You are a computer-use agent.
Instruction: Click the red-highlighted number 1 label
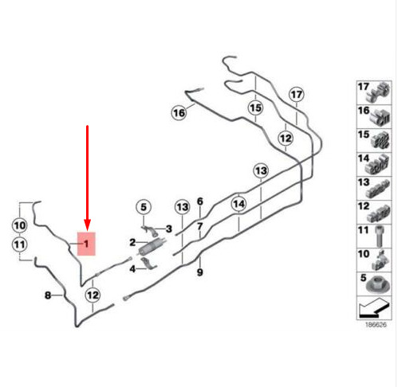coord(86,244)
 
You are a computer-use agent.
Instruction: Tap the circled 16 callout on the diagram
coord(179,113)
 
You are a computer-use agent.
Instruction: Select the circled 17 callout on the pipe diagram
coord(297,95)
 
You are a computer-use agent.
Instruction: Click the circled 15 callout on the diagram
coord(255,108)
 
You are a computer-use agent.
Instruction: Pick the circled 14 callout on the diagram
coord(238,204)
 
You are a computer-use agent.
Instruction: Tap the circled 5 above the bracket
coord(144,207)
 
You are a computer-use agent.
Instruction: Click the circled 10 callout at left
coord(19,225)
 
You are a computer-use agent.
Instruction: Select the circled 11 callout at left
coord(19,244)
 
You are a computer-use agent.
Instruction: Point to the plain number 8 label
coord(48,295)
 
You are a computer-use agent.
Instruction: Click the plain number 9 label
coord(200,272)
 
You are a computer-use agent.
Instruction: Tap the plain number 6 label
coord(200,201)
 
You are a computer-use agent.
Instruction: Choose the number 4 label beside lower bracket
coord(132,269)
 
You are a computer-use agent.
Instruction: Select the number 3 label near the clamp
coord(169,229)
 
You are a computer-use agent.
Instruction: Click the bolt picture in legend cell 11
coord(380,236)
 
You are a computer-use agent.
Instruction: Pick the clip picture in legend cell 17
coord(378,92)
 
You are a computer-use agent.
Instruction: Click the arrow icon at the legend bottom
coord(374,308)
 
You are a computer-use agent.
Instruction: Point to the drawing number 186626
coord(376,325)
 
